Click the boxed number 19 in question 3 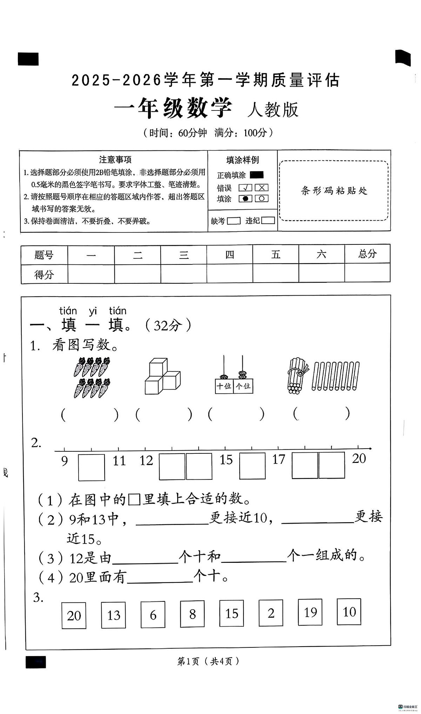[x=310, y=612]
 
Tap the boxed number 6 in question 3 [x=153, y=615]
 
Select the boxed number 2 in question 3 [x=271, y=613]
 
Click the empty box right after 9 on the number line [x=91, y=467]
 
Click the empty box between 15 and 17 [x=252, y=466]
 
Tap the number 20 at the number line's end [x=359, y=458]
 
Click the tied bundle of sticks [x=297, y=376]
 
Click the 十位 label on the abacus [x=224, y=386]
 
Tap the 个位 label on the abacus [x=243, y=386]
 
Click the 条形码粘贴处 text [x=334, y=190]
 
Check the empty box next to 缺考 [x=234, y=221]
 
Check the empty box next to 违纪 [x=268, y=220]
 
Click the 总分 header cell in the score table [x=367, y=254]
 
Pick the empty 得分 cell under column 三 [x=184, y=274]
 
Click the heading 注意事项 [x=115, y=160]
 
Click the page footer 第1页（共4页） [x=208, y=661]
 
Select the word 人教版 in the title [x=273, y=109]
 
